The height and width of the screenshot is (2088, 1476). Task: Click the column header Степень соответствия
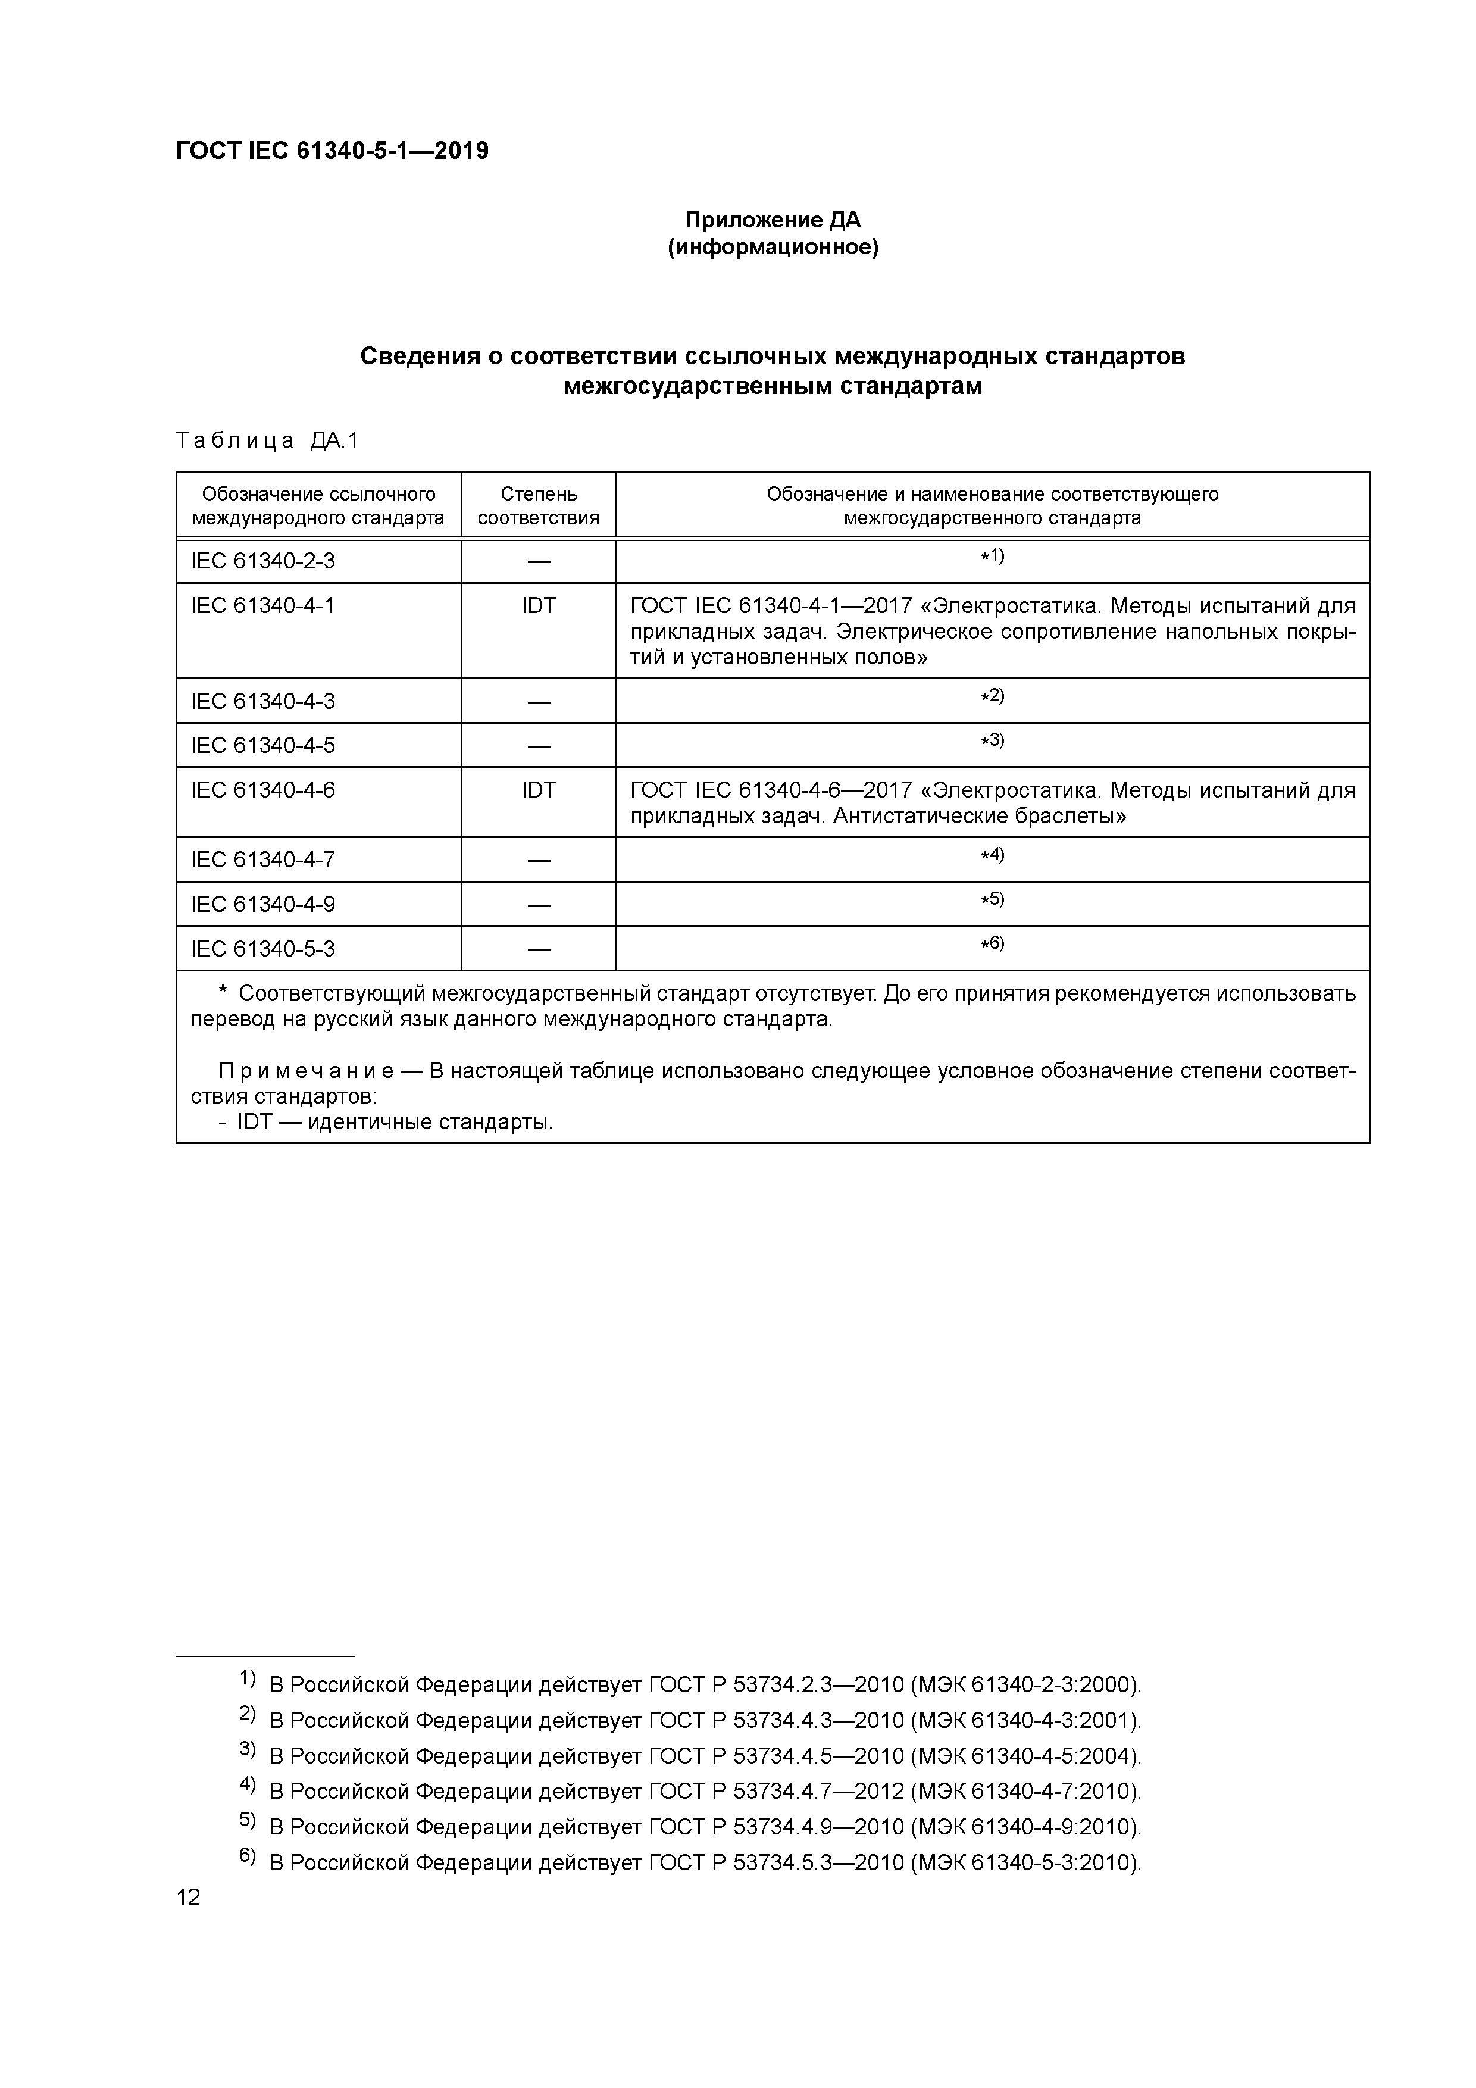539,505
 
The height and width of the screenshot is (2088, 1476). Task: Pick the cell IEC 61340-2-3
263,561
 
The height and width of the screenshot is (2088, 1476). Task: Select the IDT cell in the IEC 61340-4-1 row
539,606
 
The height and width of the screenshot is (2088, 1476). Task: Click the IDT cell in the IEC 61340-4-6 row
539,790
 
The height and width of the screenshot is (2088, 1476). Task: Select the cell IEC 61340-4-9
263,904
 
